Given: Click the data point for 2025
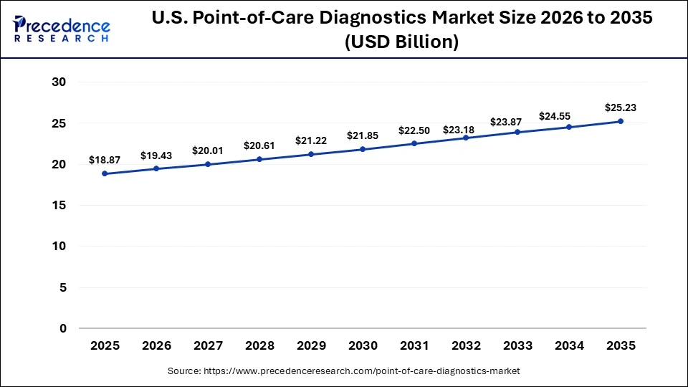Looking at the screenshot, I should pyautogui.click(x=105, y=173).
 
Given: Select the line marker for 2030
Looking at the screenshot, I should pyautogui.click(x=363, y=149).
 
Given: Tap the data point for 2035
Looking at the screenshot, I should pyautogui.click(x=621, y=121).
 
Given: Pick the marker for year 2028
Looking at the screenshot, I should pyautogui.click(x=259, y=159).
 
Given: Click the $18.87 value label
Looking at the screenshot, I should pyautogui.click(x=105, y=160).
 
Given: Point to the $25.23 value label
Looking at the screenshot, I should pyautogui.click(x=621, y=107).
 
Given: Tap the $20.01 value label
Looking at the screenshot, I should pyautogui.click(x=208, y=150).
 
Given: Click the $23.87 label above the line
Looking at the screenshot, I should pyautogui.click(x=517, y=122).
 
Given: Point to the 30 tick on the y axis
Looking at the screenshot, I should pyautogui.click(x=59, y=82).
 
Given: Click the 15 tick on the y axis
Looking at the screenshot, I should pyautogui.click(x=59, y=206).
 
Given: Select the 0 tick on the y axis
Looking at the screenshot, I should pyautogui.click(x=62, y=329).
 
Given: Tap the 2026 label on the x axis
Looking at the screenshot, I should pyautogui.click(x=156, y=346).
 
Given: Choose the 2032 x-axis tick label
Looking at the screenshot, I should pyautogui.click(x=466, y=346).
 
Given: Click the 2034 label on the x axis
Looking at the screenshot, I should pyautogui.click(x=569, y=346).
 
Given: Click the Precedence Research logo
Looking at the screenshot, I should pyautogui.click(x=62, y=30).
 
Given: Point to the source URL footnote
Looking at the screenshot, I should pyautogui.click(x=343, y=371).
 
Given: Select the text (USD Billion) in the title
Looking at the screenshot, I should pyautogui.click(x=401, y=42).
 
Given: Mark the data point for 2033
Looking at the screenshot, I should pyautogui.click(x=517, y=132).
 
